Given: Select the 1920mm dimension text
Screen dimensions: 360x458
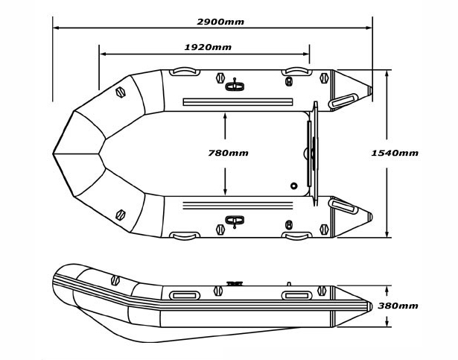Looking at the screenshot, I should coord(207,47).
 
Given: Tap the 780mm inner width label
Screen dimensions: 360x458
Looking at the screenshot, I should coord(228,153).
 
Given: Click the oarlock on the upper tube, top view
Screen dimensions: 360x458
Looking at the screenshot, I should coord(235,84).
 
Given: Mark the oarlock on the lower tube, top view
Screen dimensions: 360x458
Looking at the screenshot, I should coord(235,220).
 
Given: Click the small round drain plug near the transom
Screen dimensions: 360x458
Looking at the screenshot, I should coord(294,186).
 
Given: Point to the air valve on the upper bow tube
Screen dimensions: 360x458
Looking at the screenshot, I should coord(121,93).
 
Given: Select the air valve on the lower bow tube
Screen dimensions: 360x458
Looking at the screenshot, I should coord(121,215).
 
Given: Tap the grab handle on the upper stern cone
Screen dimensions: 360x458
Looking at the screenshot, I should coord(343,100).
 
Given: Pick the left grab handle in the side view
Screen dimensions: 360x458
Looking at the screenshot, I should coord(183,295).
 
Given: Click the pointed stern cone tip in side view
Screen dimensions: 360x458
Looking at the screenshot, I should coord(370,306).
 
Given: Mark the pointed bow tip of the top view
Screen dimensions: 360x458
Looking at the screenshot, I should coord(54,154).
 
